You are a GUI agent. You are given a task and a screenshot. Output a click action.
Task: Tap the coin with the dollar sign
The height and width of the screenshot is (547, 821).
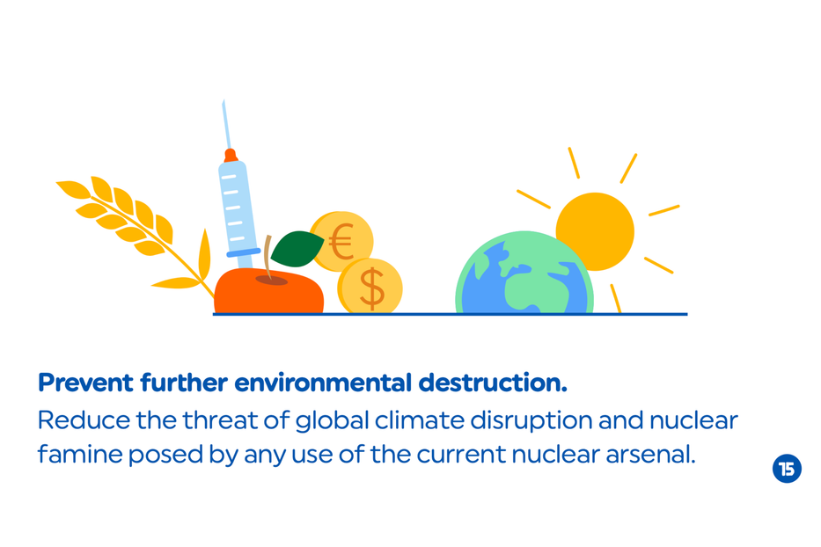[x=370, y=287]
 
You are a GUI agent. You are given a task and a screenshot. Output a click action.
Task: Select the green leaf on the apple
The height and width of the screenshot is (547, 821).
[x=297, y=249]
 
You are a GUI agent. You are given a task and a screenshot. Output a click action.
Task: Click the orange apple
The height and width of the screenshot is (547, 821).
[x=268, y=292]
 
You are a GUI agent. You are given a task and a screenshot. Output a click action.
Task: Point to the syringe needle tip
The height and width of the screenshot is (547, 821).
[x=224, y=100]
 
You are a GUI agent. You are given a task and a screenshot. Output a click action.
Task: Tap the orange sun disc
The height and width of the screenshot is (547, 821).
[x=596, y=231]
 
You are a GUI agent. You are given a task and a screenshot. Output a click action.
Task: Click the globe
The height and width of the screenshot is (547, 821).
[x=524, y=273]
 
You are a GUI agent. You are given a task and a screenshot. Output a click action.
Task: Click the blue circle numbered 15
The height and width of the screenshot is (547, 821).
[x=787, y=469]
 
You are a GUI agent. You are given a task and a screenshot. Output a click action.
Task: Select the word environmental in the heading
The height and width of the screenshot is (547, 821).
[x=323, y=383]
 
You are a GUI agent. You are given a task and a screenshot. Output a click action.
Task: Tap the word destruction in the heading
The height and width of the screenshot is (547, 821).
[x=493, y=383]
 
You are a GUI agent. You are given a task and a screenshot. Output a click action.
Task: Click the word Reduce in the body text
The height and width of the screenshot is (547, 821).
[x=84, y=420]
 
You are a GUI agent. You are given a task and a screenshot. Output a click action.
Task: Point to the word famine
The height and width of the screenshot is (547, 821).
[x=80, y=455]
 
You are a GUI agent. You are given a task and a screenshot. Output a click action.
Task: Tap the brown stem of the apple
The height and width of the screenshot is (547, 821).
[x=268, y=257]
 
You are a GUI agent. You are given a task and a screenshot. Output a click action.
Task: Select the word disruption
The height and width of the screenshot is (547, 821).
[x=531, y=421]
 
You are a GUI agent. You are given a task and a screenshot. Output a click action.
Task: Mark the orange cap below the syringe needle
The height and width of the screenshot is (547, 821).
[x=231, y=156]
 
